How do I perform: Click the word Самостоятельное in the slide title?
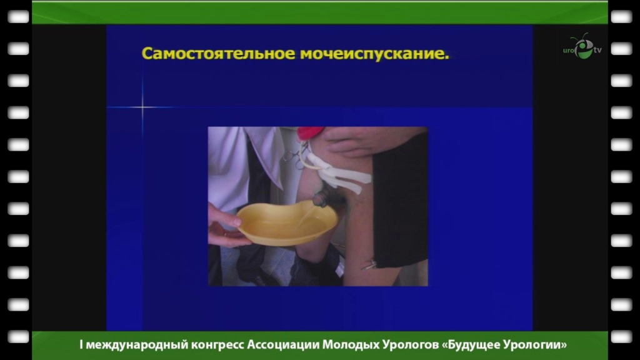(x=218, y=54)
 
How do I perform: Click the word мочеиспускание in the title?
(x=372, y=54)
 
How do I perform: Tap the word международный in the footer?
(x=137, y=345)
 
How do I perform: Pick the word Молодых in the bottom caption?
(x=351, y=345)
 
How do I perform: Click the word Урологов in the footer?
(x=410, y=345)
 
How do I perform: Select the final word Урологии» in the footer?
(x=535, y=345)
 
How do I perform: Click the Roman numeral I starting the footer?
(x=81, y=345)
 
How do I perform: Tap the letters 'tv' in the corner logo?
(x=597, y=50)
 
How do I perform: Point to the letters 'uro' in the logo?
(x=569, y=51)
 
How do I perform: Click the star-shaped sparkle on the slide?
(x=142, y=107)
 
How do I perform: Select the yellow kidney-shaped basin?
(x=287, y=222)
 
